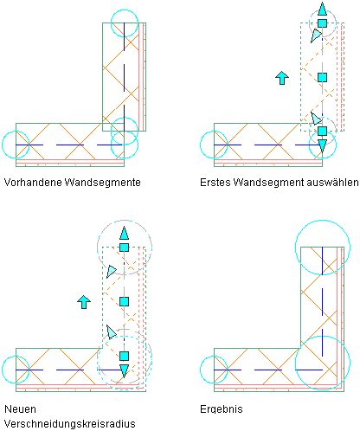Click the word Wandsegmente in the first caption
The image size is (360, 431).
(102, 183)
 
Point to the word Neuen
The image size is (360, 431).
(20, 409)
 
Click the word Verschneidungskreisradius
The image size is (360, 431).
(70, 424)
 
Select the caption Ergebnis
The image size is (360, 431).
(222, 409)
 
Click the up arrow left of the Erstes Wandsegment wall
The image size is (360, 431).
(282, 78)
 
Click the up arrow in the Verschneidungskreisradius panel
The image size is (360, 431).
(84, 302)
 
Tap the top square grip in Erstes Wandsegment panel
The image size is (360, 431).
(322, 23)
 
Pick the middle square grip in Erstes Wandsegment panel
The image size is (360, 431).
(322, 77)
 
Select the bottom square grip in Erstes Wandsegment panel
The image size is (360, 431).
(322, 131)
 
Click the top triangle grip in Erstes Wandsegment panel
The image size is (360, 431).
(322, 9)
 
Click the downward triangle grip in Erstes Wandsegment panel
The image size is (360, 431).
(322, 145)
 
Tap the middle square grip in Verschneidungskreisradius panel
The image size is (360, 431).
(124, 301)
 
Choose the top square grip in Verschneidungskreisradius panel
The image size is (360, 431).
(124, 248)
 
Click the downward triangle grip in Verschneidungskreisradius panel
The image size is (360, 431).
(124, 371)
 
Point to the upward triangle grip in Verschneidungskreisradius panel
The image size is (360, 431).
(124, 234)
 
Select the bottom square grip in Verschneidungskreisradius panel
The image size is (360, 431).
(124, 356)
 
